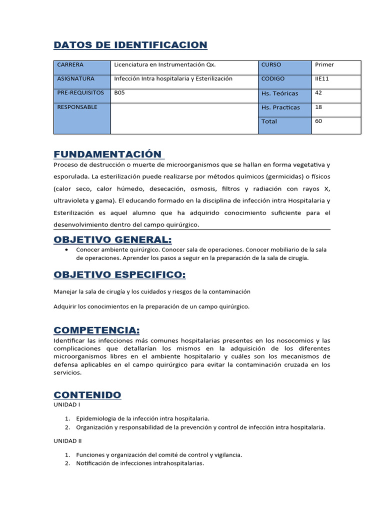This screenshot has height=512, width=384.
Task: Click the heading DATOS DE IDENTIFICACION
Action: click(x=130, y=45)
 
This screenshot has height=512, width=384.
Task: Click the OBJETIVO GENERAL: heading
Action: click(x=112, y=239)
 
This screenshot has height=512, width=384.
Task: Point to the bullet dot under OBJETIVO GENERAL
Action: click(x=67, y=249)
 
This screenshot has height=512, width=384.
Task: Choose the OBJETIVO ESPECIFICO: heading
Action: click(x=119, y=274)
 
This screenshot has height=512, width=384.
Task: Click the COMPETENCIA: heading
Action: click(x=96, y=330)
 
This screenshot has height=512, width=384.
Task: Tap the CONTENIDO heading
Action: click(x=87, y=395)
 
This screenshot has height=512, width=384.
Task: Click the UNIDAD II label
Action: click(x=67, y=441)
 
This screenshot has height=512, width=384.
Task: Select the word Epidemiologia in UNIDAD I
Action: click(x=96, y=418)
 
